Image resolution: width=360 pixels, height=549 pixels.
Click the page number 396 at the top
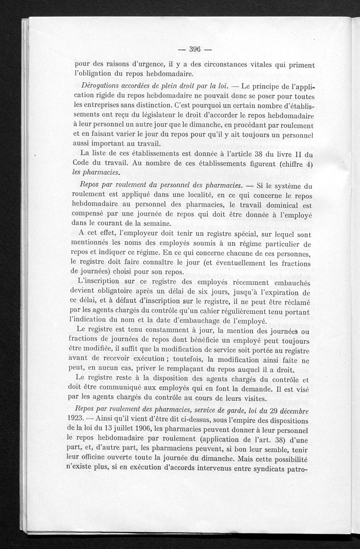pos(194,49)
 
